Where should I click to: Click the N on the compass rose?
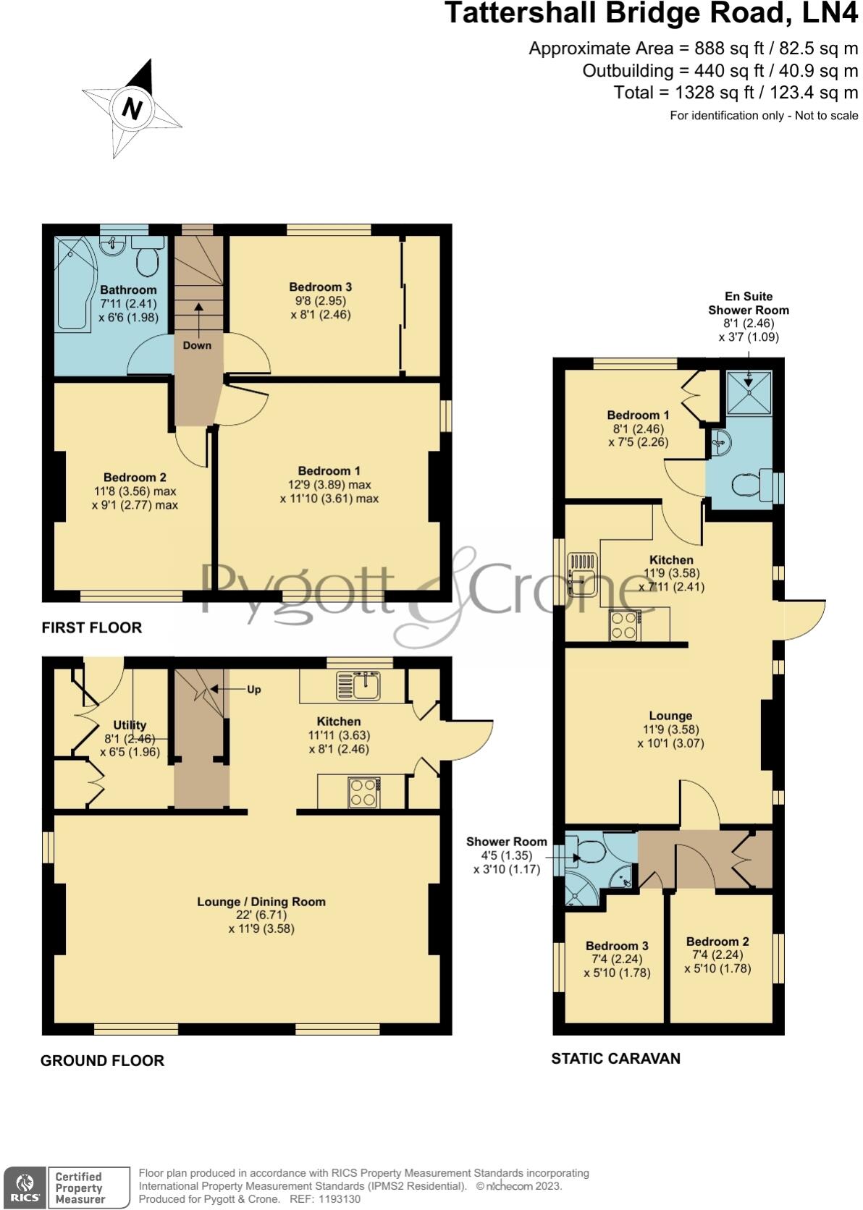pyautogui.click(x=132, y=109)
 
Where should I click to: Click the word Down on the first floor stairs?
pyautogui.click(x=197, y=345)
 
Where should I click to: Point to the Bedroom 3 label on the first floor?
pyautogui.click(x=320, y=287)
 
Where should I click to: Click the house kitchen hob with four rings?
pyautogui.click(x=363, y=792)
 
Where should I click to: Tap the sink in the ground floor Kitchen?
pyautogui.click(x=359, y=685)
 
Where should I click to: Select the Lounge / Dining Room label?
pyautogui.click(x=261, y=902)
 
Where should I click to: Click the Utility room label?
pyautogui.click(x=130, y=725)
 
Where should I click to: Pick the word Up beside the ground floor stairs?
pyautogui.click(x=253, y=690)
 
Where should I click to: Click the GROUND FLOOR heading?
pyautogui.click(x=102, y=1061)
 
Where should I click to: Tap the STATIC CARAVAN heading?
pyautogui.click(x=615, y=1059)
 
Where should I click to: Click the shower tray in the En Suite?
pyautogui.click(x=749, y=393)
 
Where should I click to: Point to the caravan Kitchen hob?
pyautogui.click(x=625, y=625)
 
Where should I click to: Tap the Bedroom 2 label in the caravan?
pyautogui.click(x=717, y=942)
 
